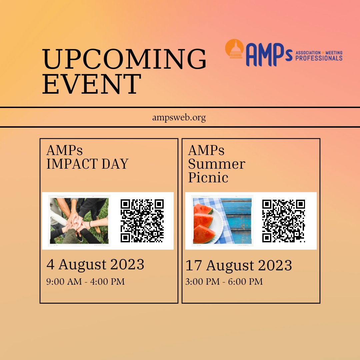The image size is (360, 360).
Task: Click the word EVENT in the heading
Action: point(92,84)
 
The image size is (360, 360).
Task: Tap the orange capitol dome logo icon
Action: point(236,49)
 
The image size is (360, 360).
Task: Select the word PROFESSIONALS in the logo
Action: point(319,58)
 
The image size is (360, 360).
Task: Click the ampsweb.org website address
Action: point(179,118)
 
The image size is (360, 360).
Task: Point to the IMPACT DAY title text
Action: point(87,164)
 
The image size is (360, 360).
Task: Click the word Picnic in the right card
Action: point(208,177)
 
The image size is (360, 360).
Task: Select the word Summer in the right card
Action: point(216,164)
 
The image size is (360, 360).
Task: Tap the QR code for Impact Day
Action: point(142,221)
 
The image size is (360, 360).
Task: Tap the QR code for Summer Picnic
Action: point(283,221)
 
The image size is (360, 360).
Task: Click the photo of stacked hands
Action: point(79,221)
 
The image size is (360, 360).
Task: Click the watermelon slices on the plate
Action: point(204,223)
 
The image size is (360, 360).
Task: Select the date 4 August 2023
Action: point(95,265)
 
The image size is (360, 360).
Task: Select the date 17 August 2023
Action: point(239,266)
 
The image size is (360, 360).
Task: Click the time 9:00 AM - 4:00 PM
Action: point(85,282)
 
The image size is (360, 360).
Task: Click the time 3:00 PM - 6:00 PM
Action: point(224,282)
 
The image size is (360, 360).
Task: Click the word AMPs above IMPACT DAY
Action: point(64,150)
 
